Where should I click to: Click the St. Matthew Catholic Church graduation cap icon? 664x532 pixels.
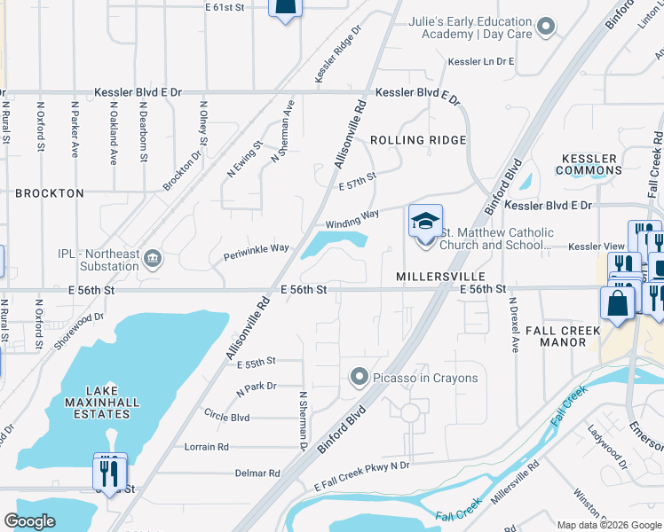coord(425,220)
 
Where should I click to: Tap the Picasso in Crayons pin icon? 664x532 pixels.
coord(359,378)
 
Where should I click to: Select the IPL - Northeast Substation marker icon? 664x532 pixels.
coord(153,258)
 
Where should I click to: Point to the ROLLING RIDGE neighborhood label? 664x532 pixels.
coord(418,140)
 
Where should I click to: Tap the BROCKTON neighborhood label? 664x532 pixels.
coord(50,192)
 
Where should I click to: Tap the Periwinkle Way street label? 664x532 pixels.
coord(256,248)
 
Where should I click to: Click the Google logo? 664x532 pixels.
coord(30,521)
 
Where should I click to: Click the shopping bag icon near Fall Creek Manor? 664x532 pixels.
coord(617,302)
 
